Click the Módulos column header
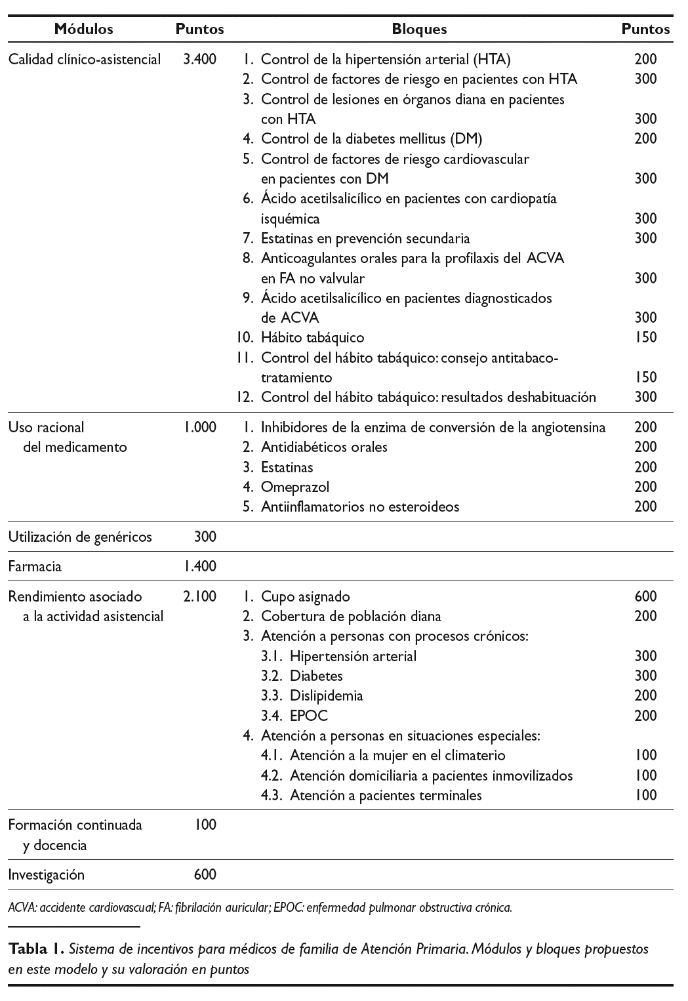(x=83, y=29)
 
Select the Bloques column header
(x=419, y=29)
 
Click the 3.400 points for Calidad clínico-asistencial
(x=199, y=59)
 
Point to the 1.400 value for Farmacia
(x=200, y=566)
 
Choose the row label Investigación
(x=47, y=874)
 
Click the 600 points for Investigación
(x=205, y=874)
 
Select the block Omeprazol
(x=294, y=487)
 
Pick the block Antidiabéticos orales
(x=324, y=447)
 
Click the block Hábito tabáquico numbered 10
(x=312, y=337)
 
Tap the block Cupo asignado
(x=305, y=596)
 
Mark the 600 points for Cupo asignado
(x=645, y=596)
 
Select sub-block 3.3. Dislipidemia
(x=326, y=695)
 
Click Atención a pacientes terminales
(x=386, y=795)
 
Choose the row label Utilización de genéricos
(x=80, y=537)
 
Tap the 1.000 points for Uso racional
(x=200, y=427)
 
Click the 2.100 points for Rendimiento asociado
(x=199, y=596)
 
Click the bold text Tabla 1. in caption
(x=36, y=949)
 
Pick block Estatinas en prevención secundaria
(x=365, y=238)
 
